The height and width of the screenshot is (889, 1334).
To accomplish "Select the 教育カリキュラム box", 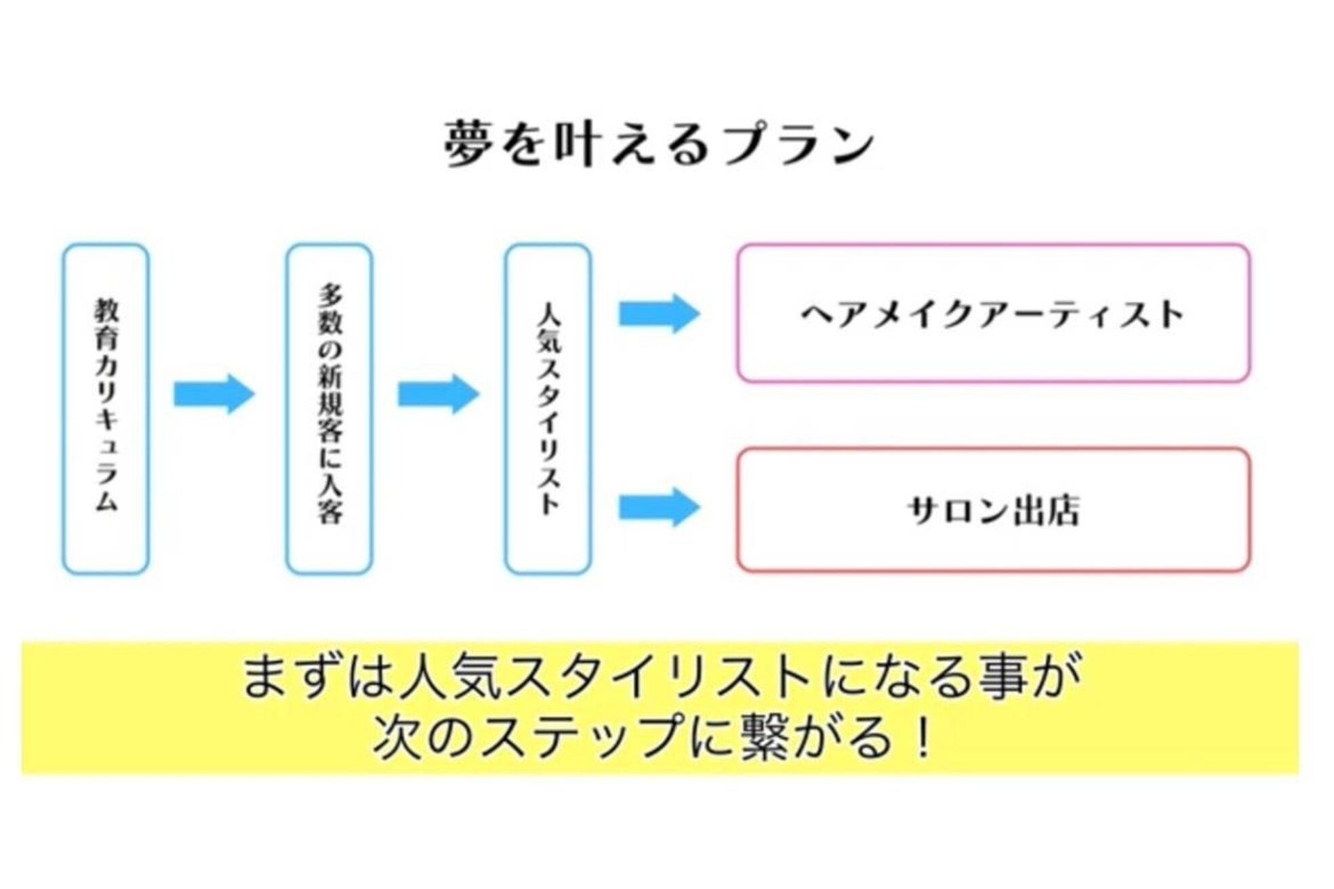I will pos(106,409).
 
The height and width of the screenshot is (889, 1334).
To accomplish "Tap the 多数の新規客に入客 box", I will pos(329,409).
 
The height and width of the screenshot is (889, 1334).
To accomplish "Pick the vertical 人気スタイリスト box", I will pos(548,409).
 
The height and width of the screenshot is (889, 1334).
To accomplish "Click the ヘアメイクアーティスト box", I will pos(993,314).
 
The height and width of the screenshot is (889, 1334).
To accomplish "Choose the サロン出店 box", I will pos(993,510).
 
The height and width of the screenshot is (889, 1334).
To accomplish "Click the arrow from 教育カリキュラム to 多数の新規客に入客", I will pos(214,394).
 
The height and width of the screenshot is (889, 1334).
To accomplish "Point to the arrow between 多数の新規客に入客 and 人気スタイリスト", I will pos(438,394).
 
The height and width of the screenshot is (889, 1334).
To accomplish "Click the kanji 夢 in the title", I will pos(468,144).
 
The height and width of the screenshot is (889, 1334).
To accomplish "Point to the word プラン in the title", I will pos(800,144).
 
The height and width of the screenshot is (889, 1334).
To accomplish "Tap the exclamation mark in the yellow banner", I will pos(922,737).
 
